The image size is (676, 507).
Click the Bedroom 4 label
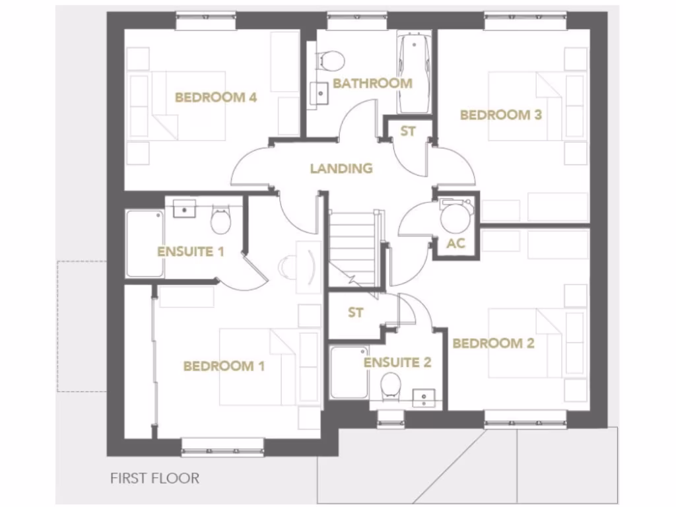coord(215,98)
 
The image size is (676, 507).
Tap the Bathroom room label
coord(372,83)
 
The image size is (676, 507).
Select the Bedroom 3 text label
coord(500,115)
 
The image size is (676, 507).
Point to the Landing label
coord(341,168)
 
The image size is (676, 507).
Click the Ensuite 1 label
coord(191,252)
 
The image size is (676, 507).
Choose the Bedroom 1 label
coord(224,366)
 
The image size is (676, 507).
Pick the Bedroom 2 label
coord(493,343)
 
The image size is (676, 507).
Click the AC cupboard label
coord(456,243)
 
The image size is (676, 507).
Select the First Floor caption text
coord(154,478)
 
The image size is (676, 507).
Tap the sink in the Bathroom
coord(320,92)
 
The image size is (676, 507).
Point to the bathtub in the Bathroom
coord(414,73)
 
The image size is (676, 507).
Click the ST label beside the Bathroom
coord(408,131)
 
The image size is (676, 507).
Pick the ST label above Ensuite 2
coord(355,313)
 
